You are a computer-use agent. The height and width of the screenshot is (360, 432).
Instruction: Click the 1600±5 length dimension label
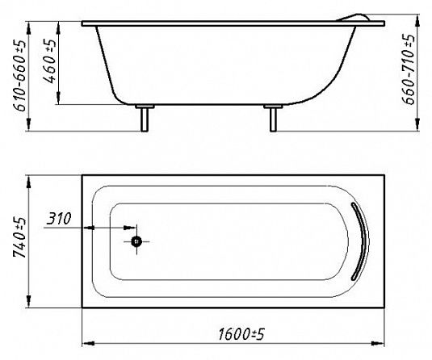point(241,334)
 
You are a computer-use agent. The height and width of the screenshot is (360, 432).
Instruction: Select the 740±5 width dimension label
point(19,237)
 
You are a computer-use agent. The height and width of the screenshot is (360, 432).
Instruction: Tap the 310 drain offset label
point(59,219)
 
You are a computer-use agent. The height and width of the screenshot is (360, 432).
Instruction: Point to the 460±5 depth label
point(49,61)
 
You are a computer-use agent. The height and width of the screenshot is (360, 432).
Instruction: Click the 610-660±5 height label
point(19,75)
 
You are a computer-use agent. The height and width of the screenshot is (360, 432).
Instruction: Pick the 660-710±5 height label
point(408,69)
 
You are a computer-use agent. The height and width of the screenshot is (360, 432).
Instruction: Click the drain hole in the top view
point(136,241)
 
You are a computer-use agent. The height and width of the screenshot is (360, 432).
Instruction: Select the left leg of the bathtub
point(145,118)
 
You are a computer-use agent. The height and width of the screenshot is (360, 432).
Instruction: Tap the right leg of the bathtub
point(273,118)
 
